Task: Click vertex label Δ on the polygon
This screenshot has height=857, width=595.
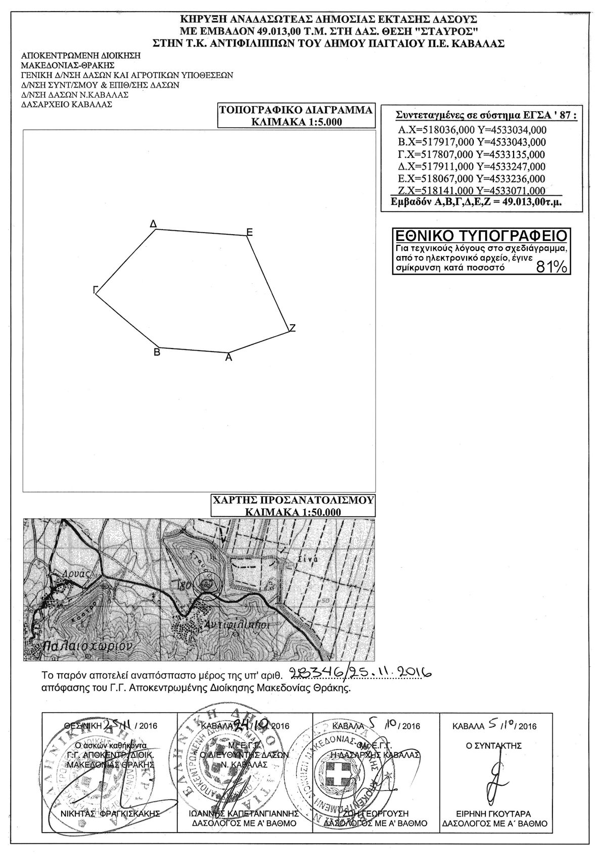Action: coord(153,223)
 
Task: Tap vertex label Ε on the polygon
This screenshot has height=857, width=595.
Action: coord(249,232)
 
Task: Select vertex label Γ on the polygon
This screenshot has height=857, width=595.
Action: coord(95,289)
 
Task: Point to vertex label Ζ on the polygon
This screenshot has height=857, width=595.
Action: coord(292,328)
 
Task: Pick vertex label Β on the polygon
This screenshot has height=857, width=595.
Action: coord(157,352)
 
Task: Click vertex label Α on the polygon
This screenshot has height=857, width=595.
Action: coord(228,358)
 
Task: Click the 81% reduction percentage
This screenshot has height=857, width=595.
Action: coord(551,267)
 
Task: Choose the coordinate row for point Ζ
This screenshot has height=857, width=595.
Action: coord(472,191)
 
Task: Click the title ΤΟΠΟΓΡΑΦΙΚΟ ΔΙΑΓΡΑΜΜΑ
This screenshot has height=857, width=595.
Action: coord(296,110)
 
